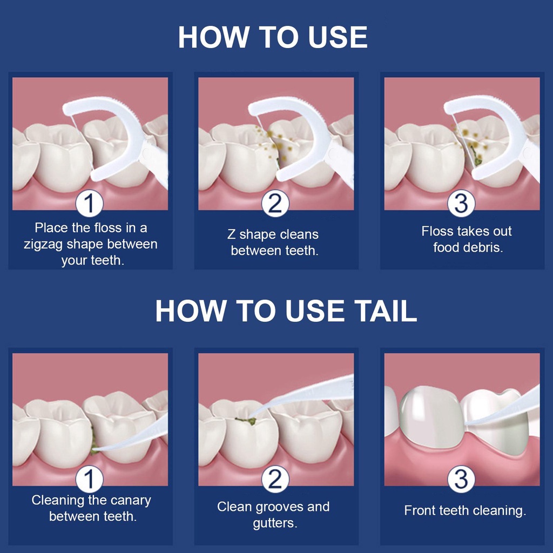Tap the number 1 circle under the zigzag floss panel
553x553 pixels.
(x=90, y=204)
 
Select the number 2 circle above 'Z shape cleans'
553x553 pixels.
(x=275, y=204)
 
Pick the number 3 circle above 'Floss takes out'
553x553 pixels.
(x=461, y=204)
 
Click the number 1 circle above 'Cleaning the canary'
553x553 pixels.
(x=90, y=479)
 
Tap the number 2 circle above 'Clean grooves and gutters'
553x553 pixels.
(x=275, y=479)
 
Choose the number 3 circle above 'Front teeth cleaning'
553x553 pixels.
(x=461, y=479)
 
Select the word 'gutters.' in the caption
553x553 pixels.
(x=275, y=523)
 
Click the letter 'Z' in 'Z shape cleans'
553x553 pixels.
(x=231, y=234)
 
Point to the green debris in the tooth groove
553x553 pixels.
(x=246, y=421)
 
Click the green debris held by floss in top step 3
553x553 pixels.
(x=475, y=157)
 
